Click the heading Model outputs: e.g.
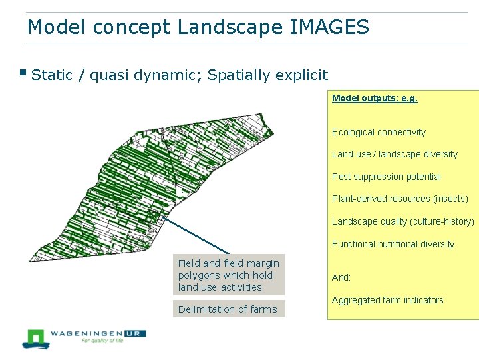pyautogui.click(x=375, y=98)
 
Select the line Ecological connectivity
pyautogui.click(x=379, y=132)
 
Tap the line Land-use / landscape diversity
pyautogui.click(x=395, y=154)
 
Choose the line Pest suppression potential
pyautogui.click(x=386, y=177)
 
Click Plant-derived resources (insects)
pyautogui.click(x=400, y=199)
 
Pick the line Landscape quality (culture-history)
pyautogui.click(x=403, y=221)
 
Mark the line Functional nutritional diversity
pyautogui.click(x=393, y=244)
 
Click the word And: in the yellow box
pyautogui.click(x=341, y=277)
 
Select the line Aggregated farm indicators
pyautogui.click(x=387, y=300)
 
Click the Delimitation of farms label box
pyautogui.click(x=228, y=309)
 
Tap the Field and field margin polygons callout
pyautogui.click(x=228, y=275)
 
